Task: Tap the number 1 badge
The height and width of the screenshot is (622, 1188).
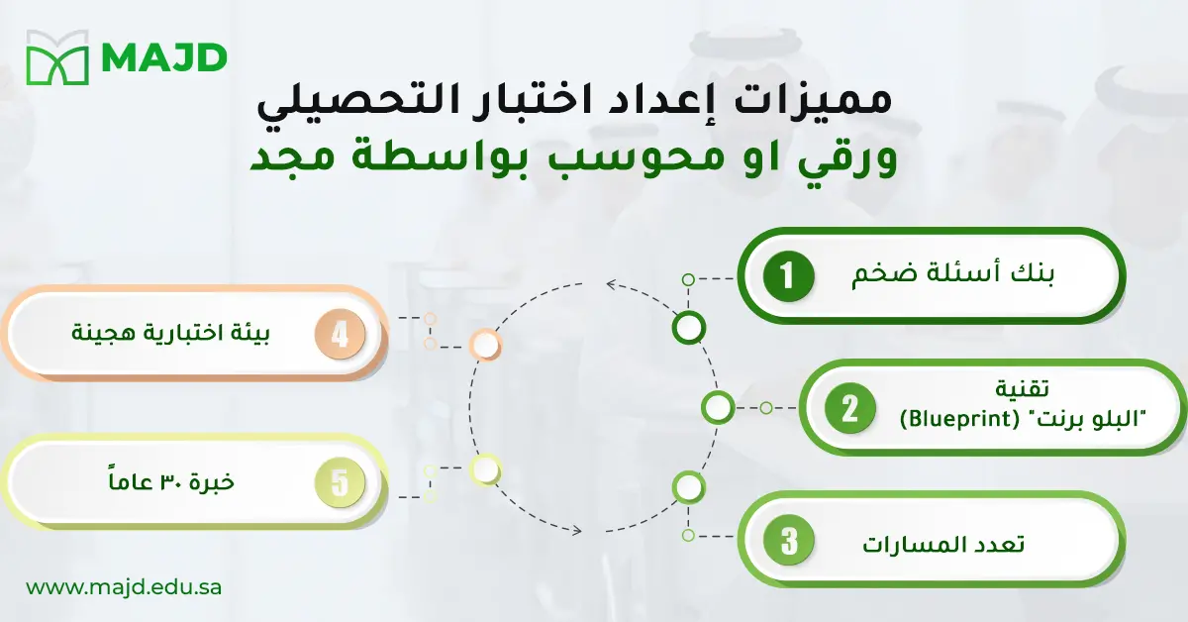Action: point(788,277)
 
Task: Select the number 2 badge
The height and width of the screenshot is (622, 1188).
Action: point(849,408)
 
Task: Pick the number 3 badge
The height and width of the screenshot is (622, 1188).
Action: point(789,542)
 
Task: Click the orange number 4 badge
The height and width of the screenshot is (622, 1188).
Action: point(340,334)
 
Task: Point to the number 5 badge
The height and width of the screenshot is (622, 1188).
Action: point(340,483)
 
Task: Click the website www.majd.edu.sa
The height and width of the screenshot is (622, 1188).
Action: point(124,586)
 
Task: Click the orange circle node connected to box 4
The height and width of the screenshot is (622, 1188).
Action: point(485,345)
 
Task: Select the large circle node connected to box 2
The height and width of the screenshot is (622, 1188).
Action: point(718,406)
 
